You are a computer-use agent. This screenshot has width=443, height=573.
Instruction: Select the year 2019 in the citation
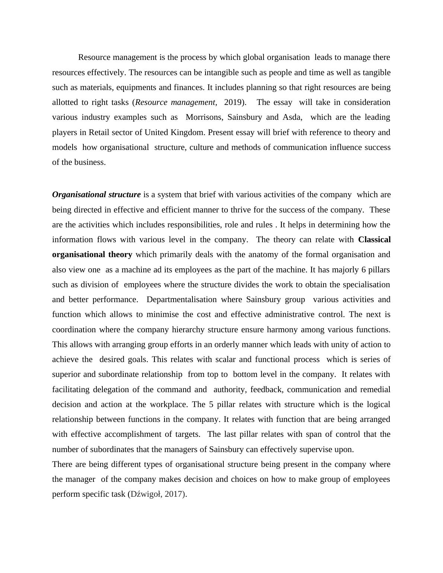233,102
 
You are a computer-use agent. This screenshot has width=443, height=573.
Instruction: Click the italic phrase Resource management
175,102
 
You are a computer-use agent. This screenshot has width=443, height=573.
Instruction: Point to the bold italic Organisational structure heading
96,195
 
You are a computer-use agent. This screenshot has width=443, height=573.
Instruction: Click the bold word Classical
374,240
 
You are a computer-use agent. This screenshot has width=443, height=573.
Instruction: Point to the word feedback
266,390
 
